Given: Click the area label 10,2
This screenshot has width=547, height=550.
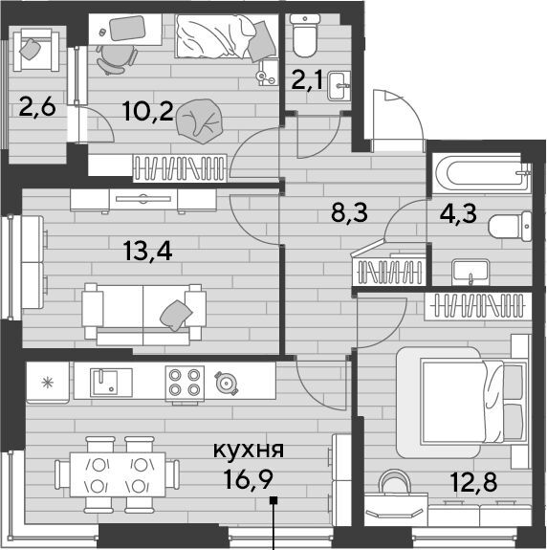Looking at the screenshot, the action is pos(148,111).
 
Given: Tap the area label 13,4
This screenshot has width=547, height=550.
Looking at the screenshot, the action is pos(147,252).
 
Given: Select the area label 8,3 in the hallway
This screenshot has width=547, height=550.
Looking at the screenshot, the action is pos(349,212).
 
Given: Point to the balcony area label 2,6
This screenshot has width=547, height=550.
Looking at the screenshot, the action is pos(37,106).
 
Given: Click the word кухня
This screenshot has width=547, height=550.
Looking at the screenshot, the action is pos(249,450).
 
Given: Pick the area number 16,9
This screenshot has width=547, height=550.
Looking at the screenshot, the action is pos(249,480).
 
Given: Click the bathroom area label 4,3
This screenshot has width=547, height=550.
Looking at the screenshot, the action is pos(458,213).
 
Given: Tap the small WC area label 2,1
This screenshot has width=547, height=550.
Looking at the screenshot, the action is pos(307,80).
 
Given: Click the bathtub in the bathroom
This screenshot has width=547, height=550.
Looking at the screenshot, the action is pos(482,173).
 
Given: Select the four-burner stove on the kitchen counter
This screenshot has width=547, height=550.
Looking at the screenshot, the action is pos(185,383).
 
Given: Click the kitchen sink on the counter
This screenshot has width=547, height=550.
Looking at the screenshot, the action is pos(111,383).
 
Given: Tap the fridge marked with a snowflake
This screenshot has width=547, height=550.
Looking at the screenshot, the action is pos(48,383).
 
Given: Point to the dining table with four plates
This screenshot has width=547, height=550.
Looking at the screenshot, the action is pos(118,474).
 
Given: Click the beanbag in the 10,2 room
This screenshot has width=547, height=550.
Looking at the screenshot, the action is pos(200,121).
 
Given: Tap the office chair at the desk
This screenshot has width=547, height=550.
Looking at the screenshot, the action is pos(116,59).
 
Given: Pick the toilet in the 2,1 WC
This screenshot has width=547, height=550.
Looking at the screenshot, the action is pos(305,35).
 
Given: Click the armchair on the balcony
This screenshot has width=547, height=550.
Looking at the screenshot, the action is pos(36,50).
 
